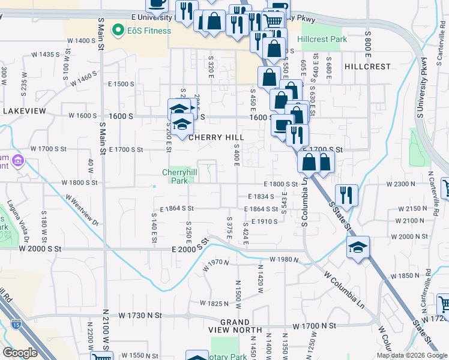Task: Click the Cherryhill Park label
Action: pyautogui.click(x=179, y=176)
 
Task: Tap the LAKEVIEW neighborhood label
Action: pyautogui.click(x=24, y=112)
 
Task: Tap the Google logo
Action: pyautogui.click(x=20, y=353)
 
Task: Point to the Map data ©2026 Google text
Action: pyautogui.click(x=412, y=355)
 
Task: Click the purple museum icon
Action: pyautogui.click(x=17, y=161)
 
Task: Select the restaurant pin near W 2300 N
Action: pyautogui.click(x=346, y=194)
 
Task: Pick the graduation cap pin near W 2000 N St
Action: pyautogui.click(x=358, y=247)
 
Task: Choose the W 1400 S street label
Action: pyautogui.click(x=82, y=41)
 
